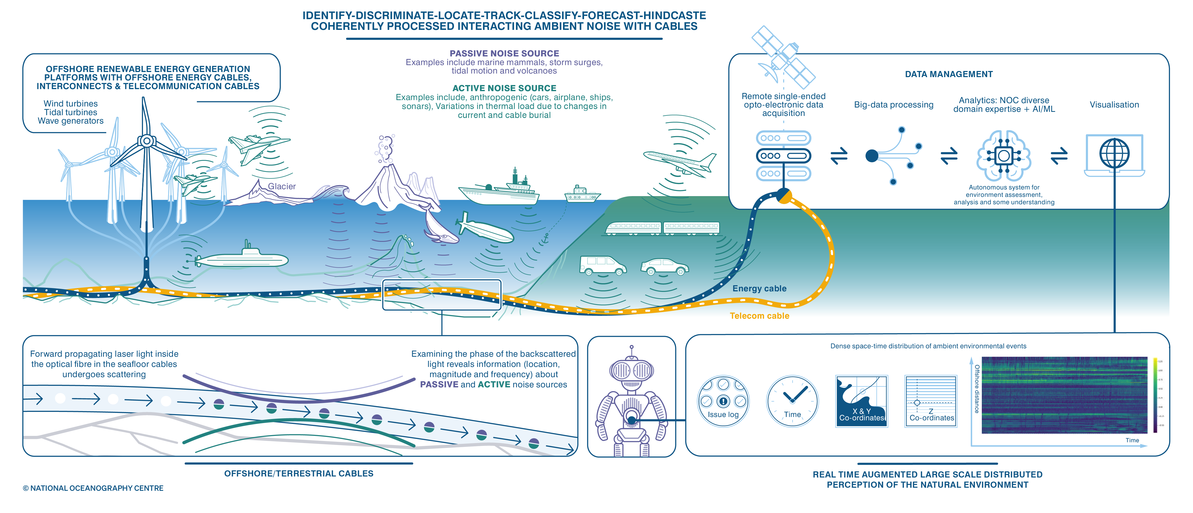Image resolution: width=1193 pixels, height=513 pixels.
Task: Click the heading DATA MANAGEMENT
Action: [949, 74]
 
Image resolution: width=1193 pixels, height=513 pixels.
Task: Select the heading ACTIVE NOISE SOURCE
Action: [504, 88]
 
